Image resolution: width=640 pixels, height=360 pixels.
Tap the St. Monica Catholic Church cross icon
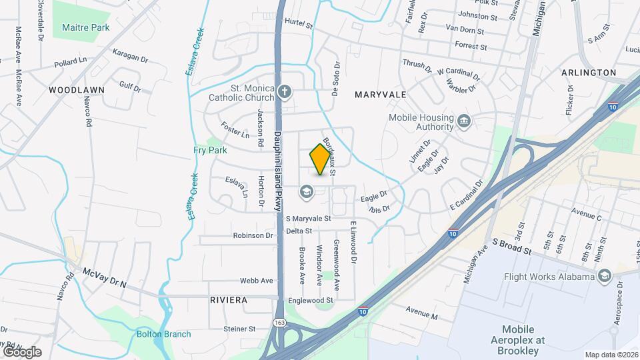(x=285, y=91)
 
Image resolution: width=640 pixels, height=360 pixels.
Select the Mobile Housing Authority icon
(x=465, y=121)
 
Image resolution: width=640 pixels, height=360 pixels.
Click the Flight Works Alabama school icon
(x=604, y=277)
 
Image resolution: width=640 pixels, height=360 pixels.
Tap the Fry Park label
(x=211, y=151)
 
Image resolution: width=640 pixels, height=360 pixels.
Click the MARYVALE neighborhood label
(x=380, y=95)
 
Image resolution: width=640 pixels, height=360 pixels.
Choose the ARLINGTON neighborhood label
(x=589, y=72)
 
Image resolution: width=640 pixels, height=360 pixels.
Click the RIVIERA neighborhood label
(x=229, y=300)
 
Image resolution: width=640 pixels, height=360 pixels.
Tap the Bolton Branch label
(x=163, y=334)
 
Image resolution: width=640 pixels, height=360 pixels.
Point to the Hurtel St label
(x=298, y=24)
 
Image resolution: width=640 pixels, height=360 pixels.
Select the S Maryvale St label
(x=308, y=218)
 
